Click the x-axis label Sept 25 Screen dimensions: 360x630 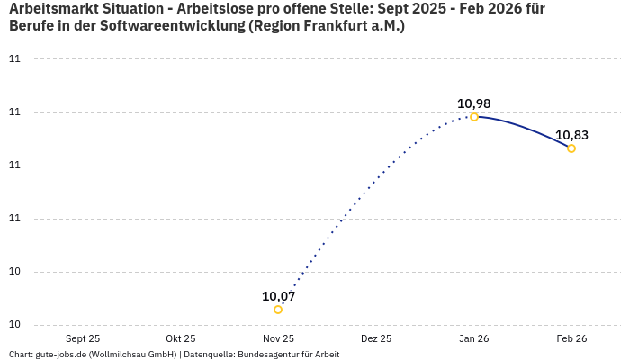(82, 338)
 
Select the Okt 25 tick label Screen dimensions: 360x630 (180, 338)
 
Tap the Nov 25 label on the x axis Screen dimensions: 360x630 (278, 338)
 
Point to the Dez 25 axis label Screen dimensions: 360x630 (376, 338)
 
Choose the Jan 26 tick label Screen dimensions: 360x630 (474, 338)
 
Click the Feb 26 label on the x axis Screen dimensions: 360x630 (571, 338)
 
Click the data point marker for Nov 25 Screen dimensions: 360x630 (278, 310)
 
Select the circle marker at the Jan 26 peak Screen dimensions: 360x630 (474, 117)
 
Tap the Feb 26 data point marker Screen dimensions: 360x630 (571, 148)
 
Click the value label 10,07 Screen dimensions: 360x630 (278, 296)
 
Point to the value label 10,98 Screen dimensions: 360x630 (474, 103)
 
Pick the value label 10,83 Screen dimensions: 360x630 (571, 135)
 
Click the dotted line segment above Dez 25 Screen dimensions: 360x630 (376, 181)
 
